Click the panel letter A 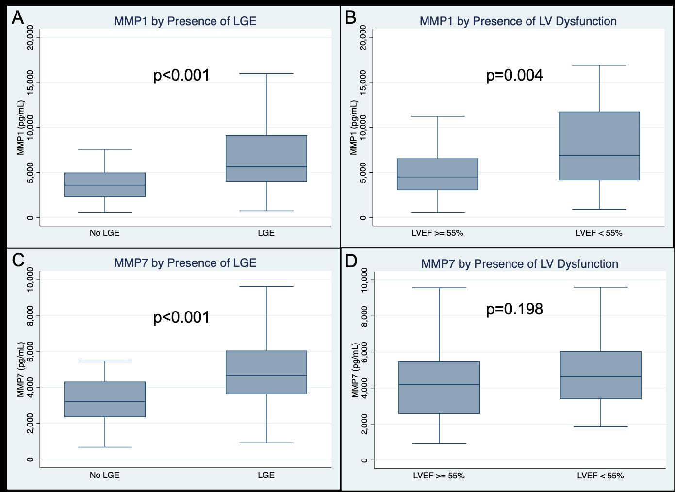(x=18, y=18)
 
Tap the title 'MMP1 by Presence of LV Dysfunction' (x=518, y=21)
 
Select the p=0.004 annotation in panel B (x=514, y=75)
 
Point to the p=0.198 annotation (x=514, y=309)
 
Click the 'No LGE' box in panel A (x=105, y=184)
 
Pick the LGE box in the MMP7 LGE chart (x=266, y=372)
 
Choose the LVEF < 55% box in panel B (x=599, y=146)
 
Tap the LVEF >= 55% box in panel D (x=439, y=387)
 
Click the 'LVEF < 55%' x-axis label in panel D (x=600, y=476)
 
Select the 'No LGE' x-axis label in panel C (x=104, y=475)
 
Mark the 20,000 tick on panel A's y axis (x=30, y=37)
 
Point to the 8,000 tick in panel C (x=30, y=315)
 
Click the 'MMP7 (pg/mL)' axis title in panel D (x=355, y=370)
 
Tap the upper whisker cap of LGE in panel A (x=266, y=74)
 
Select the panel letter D (x=351, y=261)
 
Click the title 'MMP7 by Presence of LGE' (x=185, y=263)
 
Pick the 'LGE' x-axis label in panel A (x=266, y=233)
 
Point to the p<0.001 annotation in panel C (x=181, y=317)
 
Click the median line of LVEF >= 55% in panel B (x=438, y=177)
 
